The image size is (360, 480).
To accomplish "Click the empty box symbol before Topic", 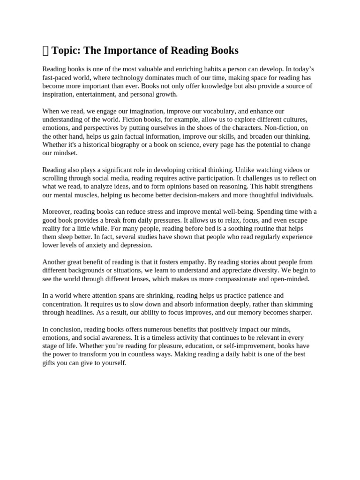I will (x=45, y=51).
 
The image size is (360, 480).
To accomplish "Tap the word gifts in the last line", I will (x=50, y=363).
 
